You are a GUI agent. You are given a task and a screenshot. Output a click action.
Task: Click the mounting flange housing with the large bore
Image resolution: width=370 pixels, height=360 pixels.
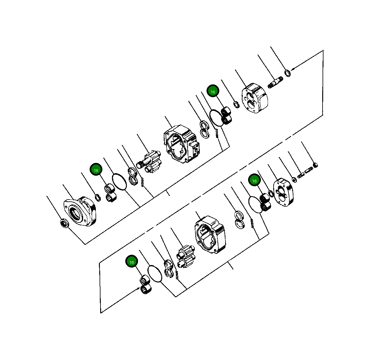pos(80,211)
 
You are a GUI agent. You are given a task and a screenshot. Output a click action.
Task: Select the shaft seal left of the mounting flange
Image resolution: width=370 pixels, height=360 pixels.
pos(64,223)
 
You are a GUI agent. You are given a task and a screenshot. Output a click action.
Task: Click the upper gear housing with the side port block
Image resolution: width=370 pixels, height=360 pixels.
pos(181,144)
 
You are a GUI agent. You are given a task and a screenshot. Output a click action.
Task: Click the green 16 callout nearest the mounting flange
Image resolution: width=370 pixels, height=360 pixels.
pos(96,170)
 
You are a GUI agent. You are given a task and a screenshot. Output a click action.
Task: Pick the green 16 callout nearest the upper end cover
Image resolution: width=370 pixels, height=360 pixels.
pos(213,92)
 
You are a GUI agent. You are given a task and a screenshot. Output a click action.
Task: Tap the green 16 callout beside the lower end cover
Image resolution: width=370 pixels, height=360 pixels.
pos(254,181)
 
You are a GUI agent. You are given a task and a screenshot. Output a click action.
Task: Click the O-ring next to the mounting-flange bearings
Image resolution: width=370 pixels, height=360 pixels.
pos(119,182)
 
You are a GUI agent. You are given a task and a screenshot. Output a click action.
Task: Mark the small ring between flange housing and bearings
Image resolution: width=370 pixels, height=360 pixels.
pos(98,197)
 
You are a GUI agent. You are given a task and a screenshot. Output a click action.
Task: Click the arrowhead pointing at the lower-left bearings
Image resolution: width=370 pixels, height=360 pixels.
pos(138,289)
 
